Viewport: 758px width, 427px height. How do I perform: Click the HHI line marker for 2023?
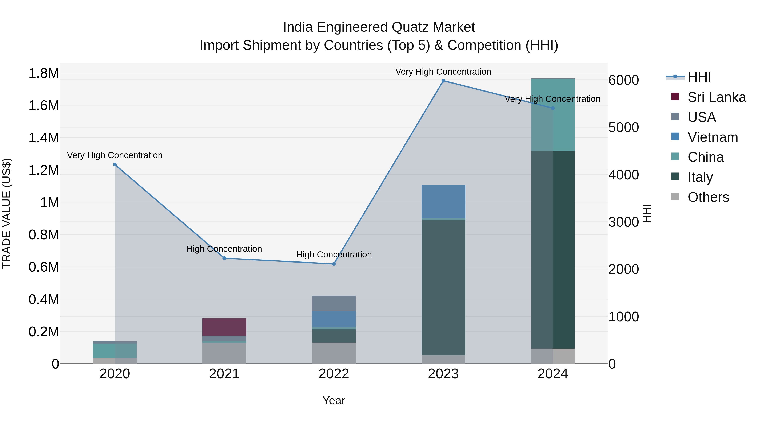(443, 81)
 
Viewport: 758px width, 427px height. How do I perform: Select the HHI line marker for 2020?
(115, 165)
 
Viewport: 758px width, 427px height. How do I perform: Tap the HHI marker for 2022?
(334, 264)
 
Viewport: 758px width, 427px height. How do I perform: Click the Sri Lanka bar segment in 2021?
(224, 327)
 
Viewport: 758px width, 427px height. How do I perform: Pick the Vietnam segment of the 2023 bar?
(443, 202)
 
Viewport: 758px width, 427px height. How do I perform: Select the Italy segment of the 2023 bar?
(443, 287)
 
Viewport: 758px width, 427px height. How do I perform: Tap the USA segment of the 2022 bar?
(334, 303)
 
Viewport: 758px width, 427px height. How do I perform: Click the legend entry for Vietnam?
(712, 137)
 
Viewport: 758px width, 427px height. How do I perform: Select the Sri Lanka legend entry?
(716, 97)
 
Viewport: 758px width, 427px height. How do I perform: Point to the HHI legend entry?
(699, 77)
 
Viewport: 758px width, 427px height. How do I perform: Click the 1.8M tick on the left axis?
(44, 73)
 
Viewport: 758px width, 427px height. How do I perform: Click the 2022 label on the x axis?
(334, 374)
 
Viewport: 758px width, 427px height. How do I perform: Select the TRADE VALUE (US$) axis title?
(7, 213)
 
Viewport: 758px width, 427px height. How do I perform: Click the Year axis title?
(334, 400)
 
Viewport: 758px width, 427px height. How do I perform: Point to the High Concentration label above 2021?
(224, 249)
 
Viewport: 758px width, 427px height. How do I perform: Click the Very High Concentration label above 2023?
(443, 72)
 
